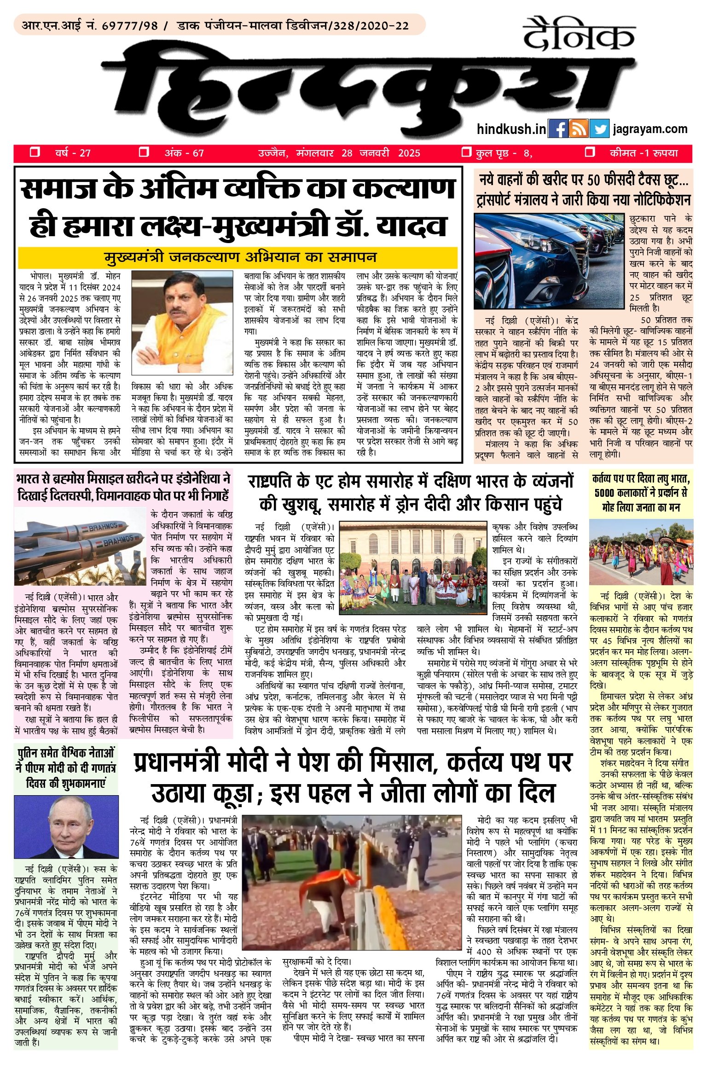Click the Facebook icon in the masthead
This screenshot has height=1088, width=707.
(x=558, y=129)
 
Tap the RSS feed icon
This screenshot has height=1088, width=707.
(x=578, y=129)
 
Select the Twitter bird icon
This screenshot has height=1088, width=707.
(x=599, y=129)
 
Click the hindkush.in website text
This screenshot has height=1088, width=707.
(x=511, y=129)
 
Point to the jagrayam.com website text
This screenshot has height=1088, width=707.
(x=650, y=129)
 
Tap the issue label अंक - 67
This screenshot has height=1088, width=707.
(x=184, y=153)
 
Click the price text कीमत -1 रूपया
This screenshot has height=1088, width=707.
(x=643, y=153)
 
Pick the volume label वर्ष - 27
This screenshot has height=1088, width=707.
(x=73, y=153)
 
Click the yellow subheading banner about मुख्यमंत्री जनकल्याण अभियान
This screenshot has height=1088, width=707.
(x=238, y=257)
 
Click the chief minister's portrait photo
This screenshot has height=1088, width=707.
(x=182, y=325)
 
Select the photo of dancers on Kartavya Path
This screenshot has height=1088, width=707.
(x=641, y=553)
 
